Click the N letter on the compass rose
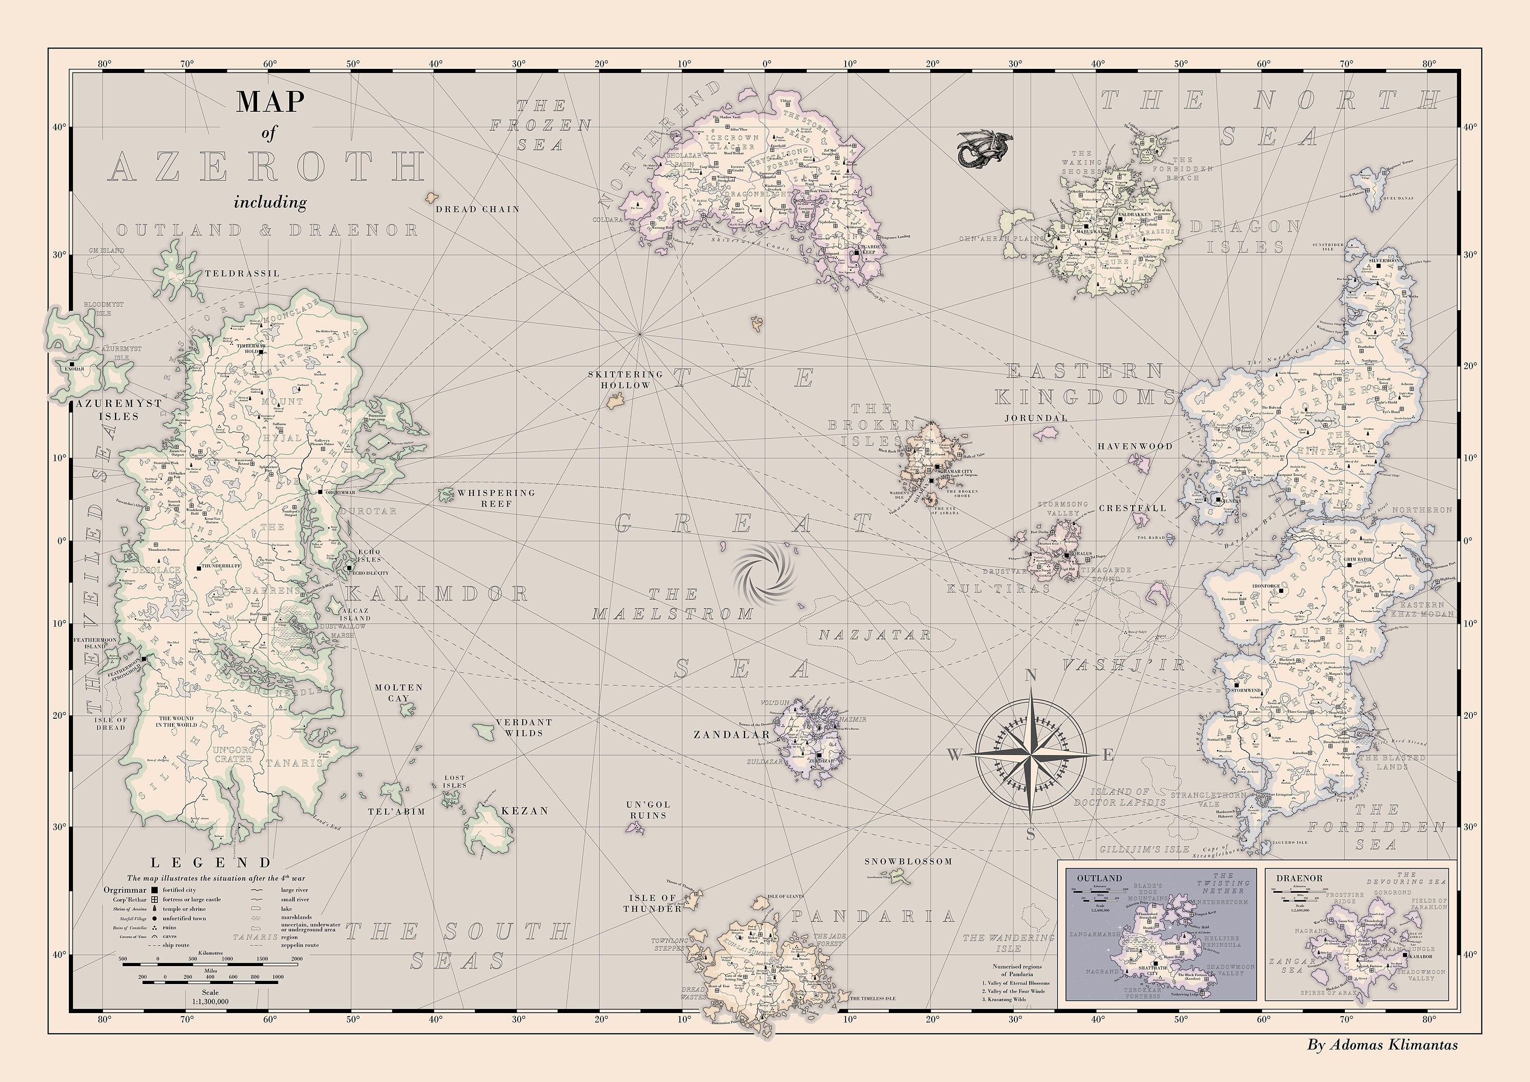(1030, 676)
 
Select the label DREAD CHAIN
(477, 209)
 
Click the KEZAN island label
(524, 811)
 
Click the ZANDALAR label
(732, 735)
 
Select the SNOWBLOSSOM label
(908, 861)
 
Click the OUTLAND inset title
(1100, 878)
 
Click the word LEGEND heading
(211, 863)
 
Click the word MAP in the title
(270, 102)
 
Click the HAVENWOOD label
(1135, 446)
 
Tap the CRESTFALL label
(1132, 508)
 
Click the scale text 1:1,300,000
(210, 1001)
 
